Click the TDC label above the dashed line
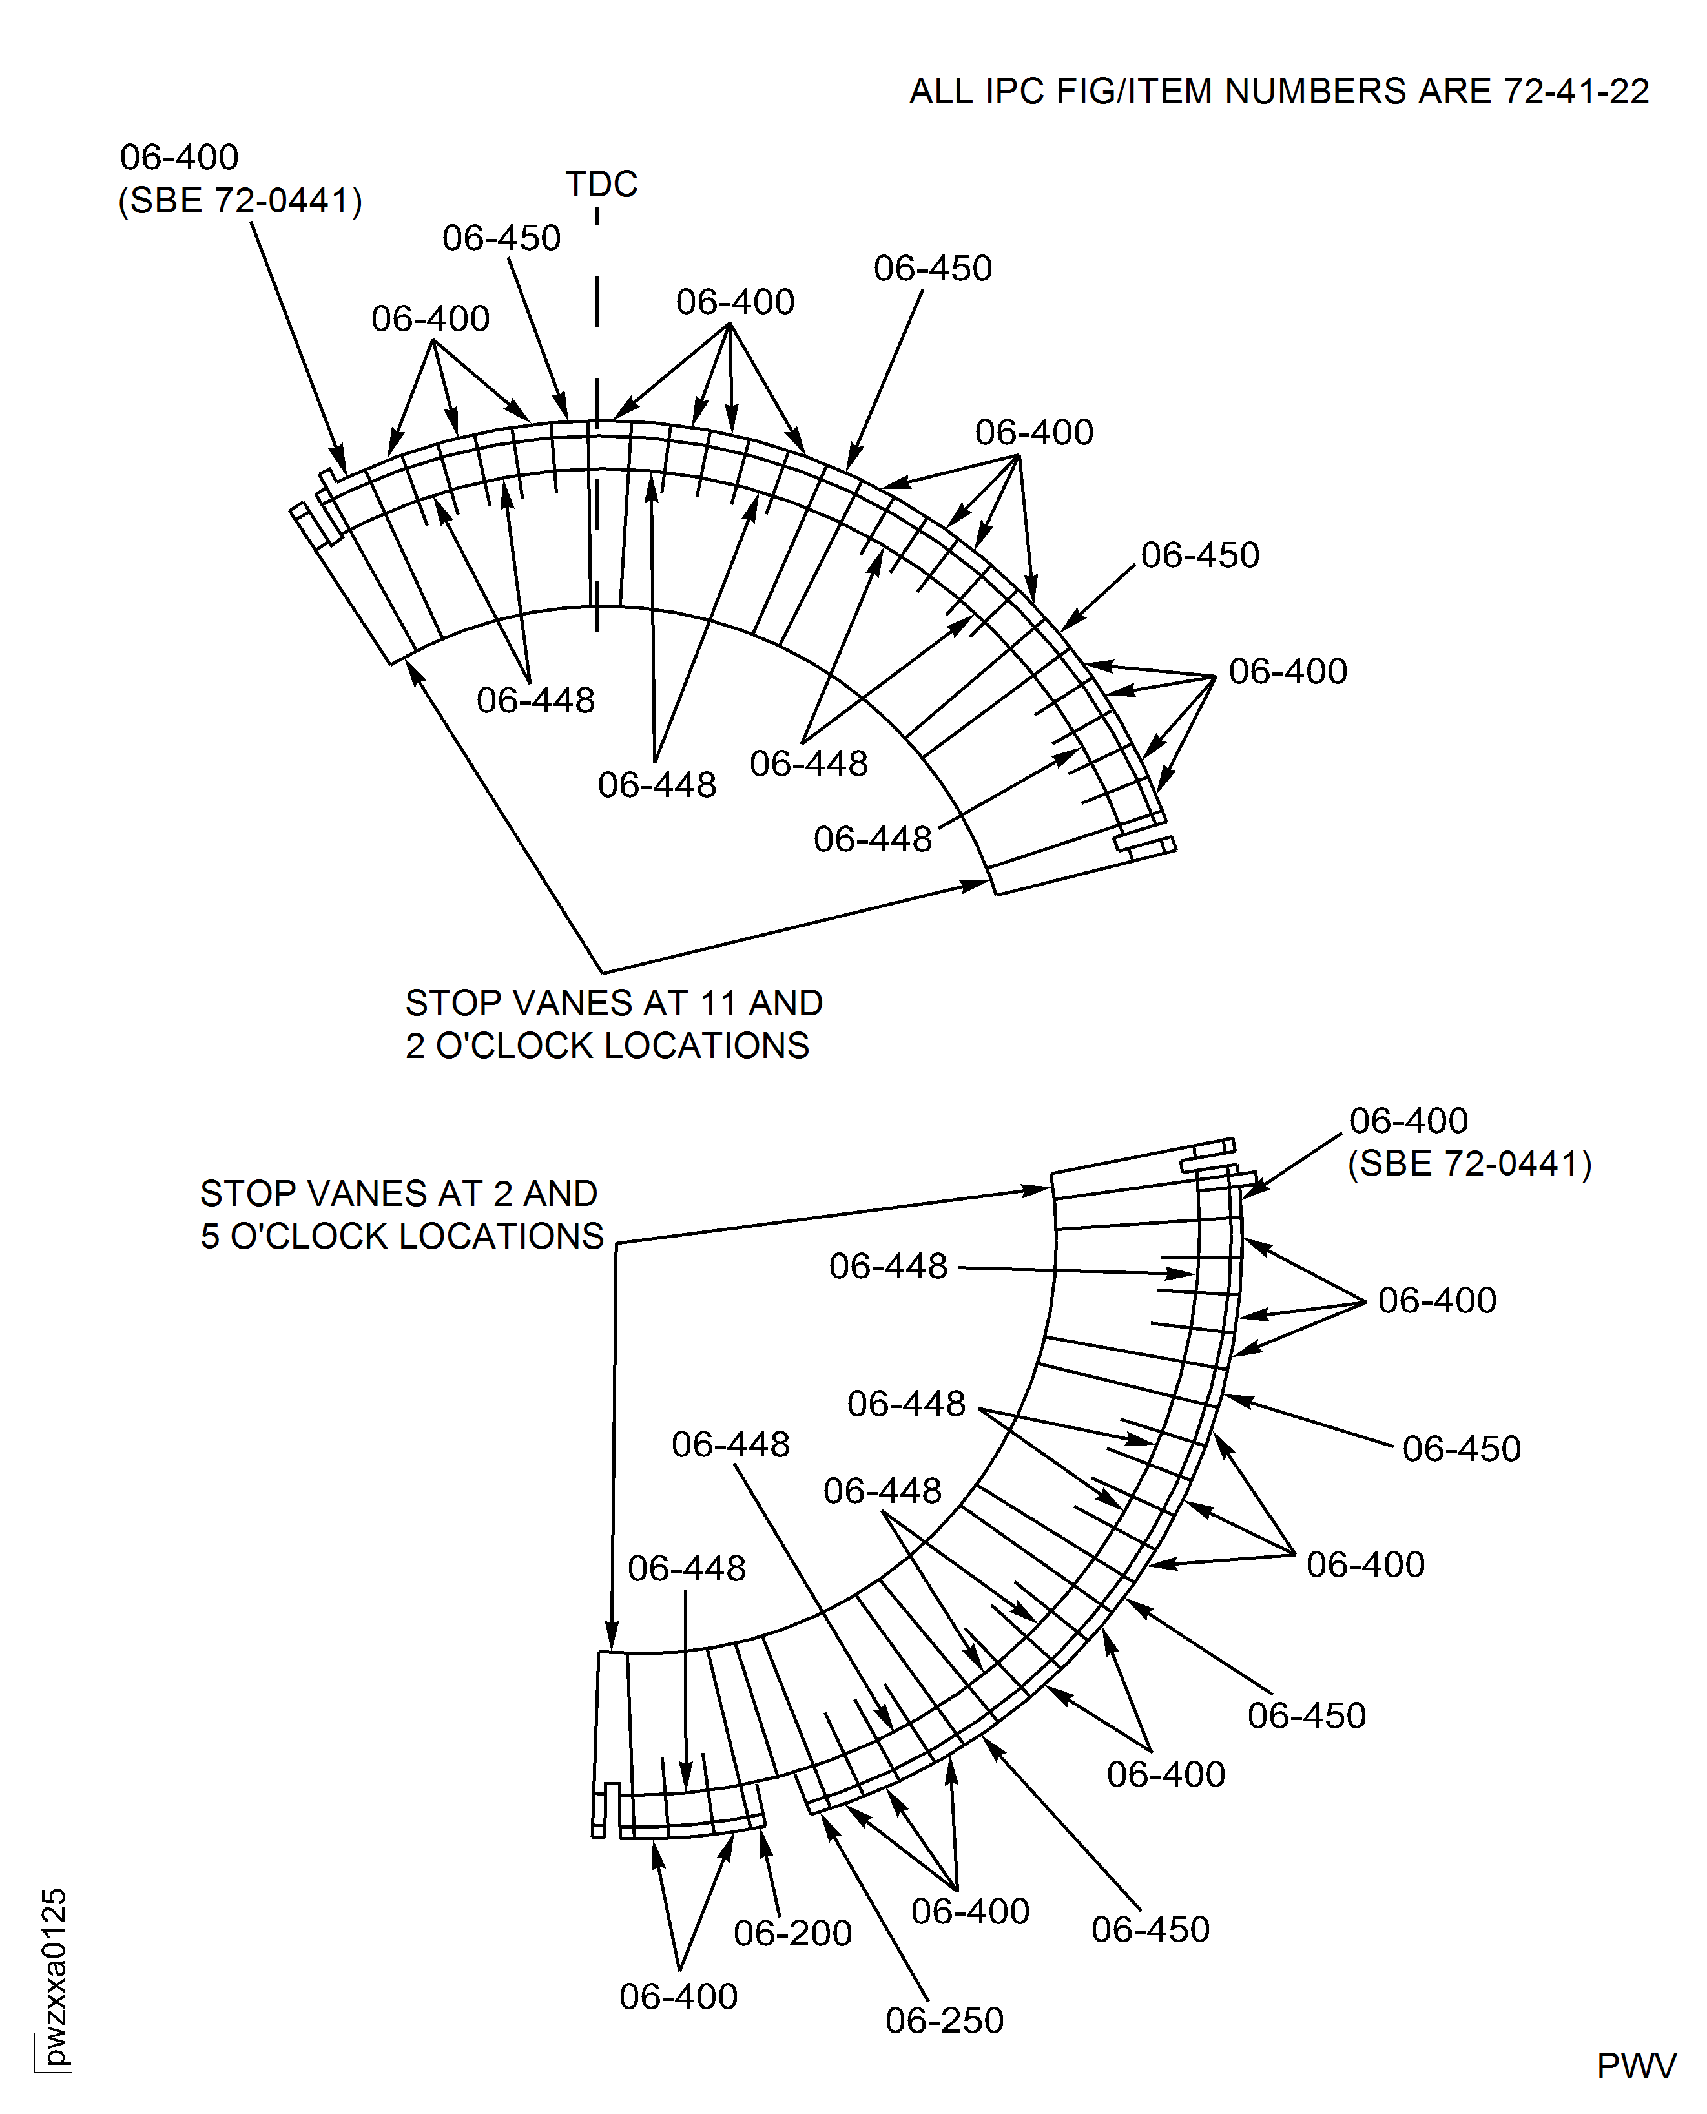601,184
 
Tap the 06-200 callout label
792,1933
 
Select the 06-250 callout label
944,2020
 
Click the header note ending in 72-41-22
1278,92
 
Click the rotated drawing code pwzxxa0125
55,1976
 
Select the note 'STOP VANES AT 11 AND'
614,1003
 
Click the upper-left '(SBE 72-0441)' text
240,201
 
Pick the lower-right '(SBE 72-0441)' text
1469,1163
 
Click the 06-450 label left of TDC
501,238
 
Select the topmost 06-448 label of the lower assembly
888,1267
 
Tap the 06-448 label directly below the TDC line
657,785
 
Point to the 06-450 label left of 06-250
1150,1929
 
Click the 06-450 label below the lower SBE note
1461,1448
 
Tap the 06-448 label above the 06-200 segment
687,1568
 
